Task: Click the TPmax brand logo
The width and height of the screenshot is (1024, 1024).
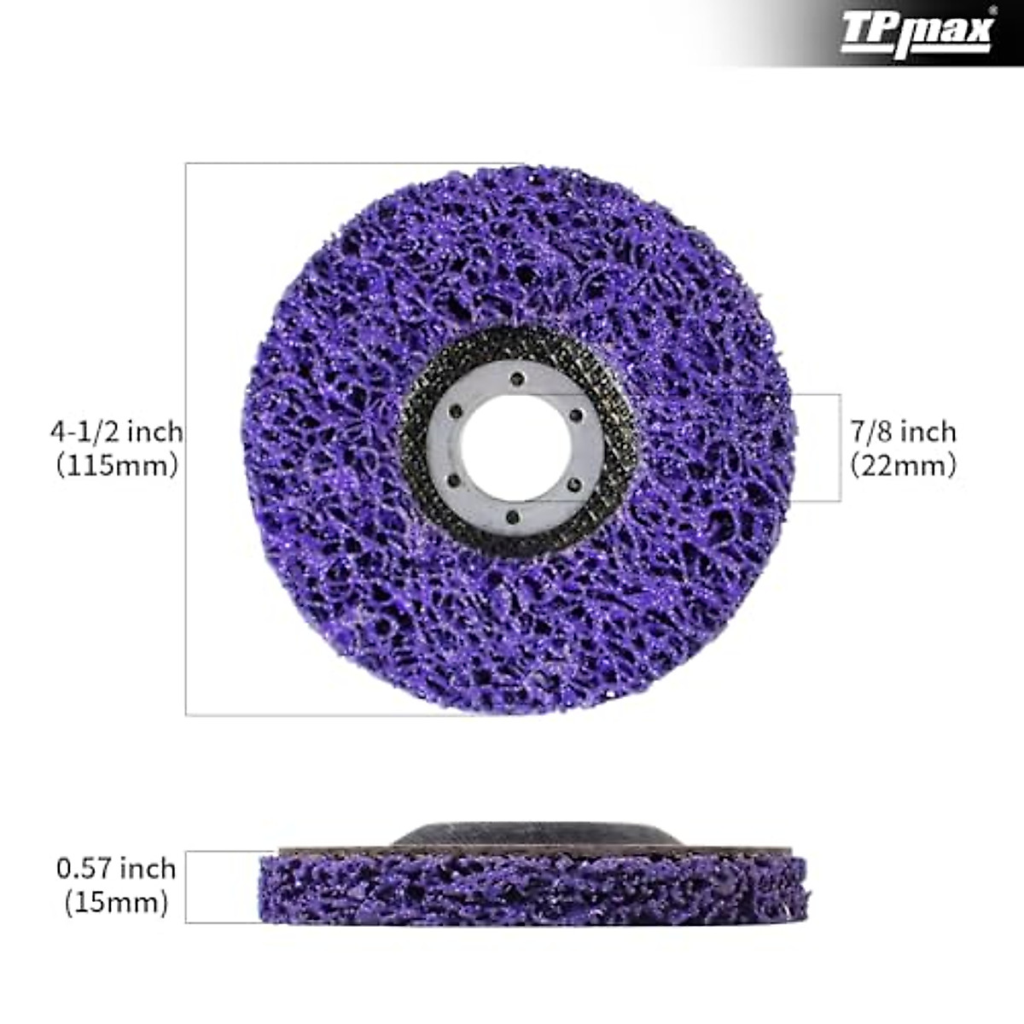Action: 916,32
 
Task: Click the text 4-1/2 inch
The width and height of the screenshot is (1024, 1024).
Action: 117,431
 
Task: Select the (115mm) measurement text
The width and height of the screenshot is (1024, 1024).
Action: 117,466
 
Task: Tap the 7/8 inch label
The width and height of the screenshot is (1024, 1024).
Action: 904,431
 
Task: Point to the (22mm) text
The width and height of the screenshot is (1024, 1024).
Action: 904,466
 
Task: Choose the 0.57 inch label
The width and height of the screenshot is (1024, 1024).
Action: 116,869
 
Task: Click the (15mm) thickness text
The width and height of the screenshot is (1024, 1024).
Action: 116,903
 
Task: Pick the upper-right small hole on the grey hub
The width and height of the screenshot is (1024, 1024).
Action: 575,416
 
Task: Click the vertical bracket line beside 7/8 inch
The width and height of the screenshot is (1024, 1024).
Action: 841,448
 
